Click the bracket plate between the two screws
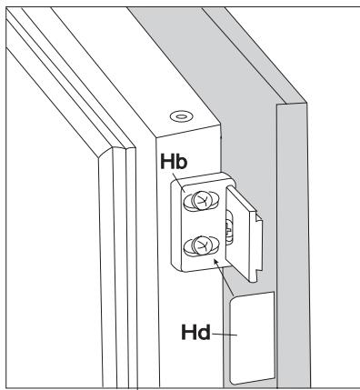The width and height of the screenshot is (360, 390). click(201, 223)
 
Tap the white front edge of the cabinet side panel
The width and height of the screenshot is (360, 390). click(285, 273)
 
